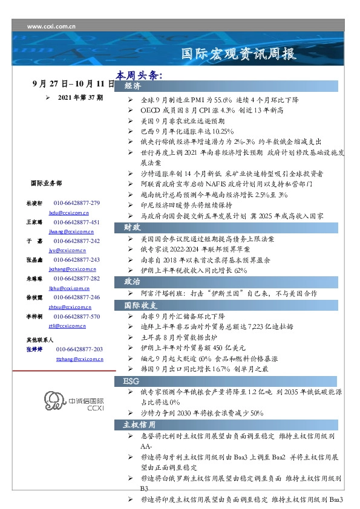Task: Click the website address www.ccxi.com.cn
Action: [51, 27]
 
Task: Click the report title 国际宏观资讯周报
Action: [240, 54]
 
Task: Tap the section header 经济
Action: [133, 86]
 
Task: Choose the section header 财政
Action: [133, 227]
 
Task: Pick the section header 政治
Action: [133, 281]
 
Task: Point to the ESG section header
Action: [132, 381]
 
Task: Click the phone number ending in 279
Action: [77, 203]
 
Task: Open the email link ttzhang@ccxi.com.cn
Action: [79, 359]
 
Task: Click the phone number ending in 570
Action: [77, 316]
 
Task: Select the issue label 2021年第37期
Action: [80, 97]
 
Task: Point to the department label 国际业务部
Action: [45, 182]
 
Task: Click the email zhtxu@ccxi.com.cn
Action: [69, 307]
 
